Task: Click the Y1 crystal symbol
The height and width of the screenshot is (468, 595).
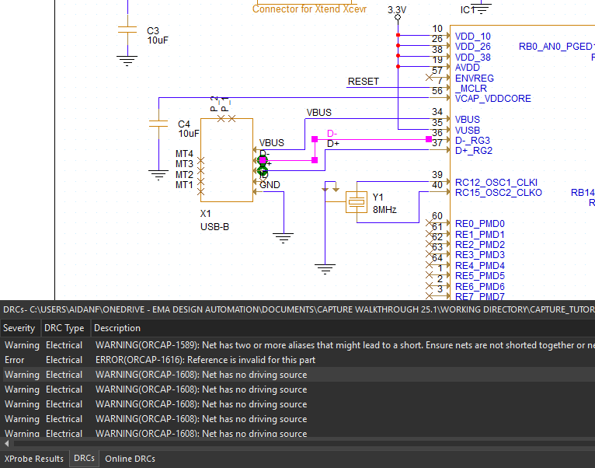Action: pyautogui.click(x=357, y=201)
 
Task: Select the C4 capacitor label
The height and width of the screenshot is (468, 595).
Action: pyautogui.click(x=184, y=124)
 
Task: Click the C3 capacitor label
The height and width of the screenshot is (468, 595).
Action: pyautogui.click(x=153, y=31)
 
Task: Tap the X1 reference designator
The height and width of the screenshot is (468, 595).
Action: pyautogui.click(x=206, y=214)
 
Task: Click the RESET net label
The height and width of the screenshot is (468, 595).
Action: pyautogui.click(x=363, y=82)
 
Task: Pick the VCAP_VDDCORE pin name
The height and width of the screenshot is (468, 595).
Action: pyautogui.click(x=492, y=99)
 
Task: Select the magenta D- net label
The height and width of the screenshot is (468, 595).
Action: pyautogui.click(x=332, y=134)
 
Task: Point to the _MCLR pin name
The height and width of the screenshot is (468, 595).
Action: pyautogui.click(x=471, y=89)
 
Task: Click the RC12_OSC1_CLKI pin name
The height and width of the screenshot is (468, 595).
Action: pyautogui.click(x=496, y=182)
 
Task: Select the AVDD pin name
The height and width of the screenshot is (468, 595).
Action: pyautogui.click(x=468, y=68)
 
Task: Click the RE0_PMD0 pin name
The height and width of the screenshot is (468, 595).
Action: pyautogui.click(x=479, y=224)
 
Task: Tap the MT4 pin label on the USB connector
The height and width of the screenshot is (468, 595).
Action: pyautogui.click(x=184, y=154)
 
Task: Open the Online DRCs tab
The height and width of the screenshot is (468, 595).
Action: pyautogui.click(x=130, y=459)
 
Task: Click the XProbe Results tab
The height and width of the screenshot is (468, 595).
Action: pyautogui.click(x=33, y=459)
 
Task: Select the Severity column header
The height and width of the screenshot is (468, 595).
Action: pyautogui.click(x=19, y=328)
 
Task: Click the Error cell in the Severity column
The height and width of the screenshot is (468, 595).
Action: pyautogui.click(x=14, y=360)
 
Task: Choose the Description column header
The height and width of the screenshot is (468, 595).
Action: pyautogui.click(x=117, y=328)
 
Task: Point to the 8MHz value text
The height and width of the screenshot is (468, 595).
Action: pyautogui.click(x=384, y=209)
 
